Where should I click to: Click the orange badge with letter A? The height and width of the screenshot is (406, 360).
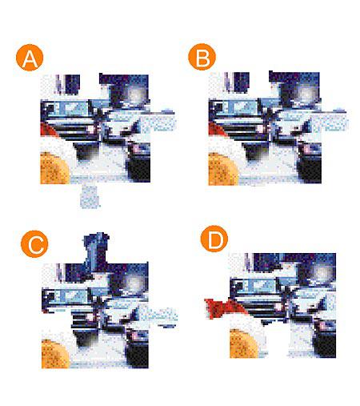[30, 58]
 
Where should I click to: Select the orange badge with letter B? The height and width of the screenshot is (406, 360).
[202, 57]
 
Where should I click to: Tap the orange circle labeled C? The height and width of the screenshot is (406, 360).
[34, 243]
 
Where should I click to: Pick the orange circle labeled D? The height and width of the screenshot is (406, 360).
[214, 239]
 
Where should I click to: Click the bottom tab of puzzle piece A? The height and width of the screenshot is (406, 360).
[90, 195]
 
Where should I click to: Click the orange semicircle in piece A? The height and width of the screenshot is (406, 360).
[54, 168]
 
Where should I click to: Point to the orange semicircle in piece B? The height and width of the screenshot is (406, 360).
[222, 169]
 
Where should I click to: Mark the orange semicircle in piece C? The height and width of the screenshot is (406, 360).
[55, 353]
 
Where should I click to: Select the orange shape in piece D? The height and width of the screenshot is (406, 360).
[244, 344]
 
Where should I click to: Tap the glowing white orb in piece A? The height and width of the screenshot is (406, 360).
[137, 95]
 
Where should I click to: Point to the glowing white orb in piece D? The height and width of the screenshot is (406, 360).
[323, 273]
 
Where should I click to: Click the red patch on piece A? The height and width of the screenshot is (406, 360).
[48, 130]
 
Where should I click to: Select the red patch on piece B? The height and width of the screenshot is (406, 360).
[216, 131]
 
